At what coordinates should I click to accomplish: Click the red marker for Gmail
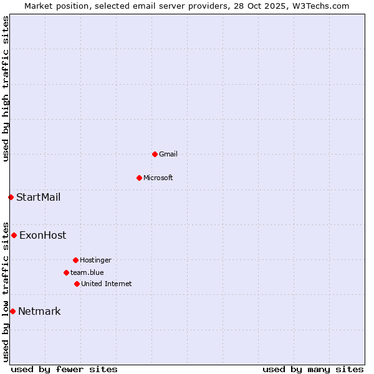pyautogui.click(x=155, y=154)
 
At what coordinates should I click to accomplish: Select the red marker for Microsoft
pyautogui.click(x=139, y=178)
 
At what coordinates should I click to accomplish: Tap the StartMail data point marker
pyautogui.click(x=11, y=197)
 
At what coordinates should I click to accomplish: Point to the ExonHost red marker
pyautogui.click(x=14, y=235)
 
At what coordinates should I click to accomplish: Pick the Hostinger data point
pyautogui.click(x=75, y=260)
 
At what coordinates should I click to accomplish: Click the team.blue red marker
pyautogui.click(x=66, y=272)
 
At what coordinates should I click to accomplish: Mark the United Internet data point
pyautogui.click(x=77, y=284)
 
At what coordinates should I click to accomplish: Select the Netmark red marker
pyautogui.click(x=12, y=311)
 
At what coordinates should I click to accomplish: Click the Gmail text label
pyautogui.click(x=168, y=154)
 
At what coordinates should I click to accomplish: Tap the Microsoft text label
pyautogui.click(x=158, y=178)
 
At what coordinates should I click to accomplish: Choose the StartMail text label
pyautogui.click(x=39, y=198)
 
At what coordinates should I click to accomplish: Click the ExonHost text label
pyautogui.click(x=43, y=236)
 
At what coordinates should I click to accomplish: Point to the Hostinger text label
pyautogui.click(x=95, y=260)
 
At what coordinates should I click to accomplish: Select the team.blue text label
pyautogui.click(x=87, y=272)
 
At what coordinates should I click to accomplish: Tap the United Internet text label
pyautogui.click(x=107, y=284)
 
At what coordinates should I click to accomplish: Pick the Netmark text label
pyautogui.click(x=40, y=312)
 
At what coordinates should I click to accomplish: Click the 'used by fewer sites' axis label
pyautogui.click(x=64, y=369)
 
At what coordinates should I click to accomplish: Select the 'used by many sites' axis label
pyautogui.click(x=313, y=369)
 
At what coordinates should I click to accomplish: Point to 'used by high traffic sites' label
pyautogui.click(x=6, y=89)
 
